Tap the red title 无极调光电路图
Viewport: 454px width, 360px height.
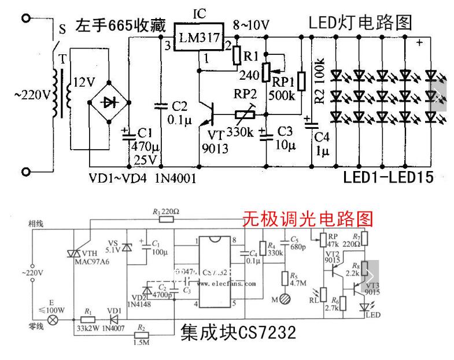click(x=308, y=218)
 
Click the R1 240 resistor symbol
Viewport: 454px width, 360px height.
click(x=236, y=55)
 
